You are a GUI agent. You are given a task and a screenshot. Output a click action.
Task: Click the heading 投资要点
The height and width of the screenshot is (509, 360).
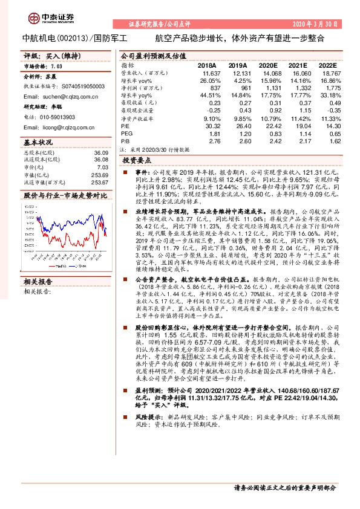pyautogui.click(x=137, y=161)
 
